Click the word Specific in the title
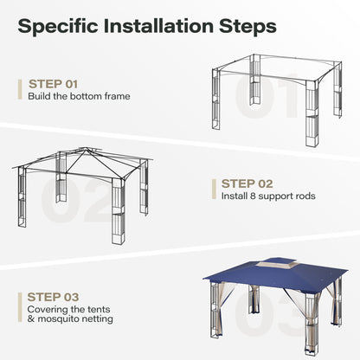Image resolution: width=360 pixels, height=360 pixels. click(58, 27)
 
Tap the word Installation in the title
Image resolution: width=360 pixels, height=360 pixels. click(158, 26)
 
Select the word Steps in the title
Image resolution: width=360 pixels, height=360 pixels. click(247, 27)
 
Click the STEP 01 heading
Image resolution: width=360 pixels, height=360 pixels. click(53, 84)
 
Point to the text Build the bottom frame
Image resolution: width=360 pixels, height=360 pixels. click(79, 96)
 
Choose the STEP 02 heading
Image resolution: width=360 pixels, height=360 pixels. click(247, 183)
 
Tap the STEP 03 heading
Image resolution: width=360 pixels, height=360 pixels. click(53, 297)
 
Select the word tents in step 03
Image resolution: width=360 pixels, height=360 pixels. click(98, 310)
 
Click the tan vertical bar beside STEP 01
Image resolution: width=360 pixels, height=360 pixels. click(20, 90)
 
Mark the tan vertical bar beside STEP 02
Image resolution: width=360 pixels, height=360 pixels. click(214, 190)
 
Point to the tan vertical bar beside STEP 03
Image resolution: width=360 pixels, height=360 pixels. click(20, 307)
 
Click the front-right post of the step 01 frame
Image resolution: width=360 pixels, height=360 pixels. click(312, 114)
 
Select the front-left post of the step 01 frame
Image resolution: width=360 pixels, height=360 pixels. click(215, 99)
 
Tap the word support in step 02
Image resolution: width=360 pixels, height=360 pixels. click(276, 196)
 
